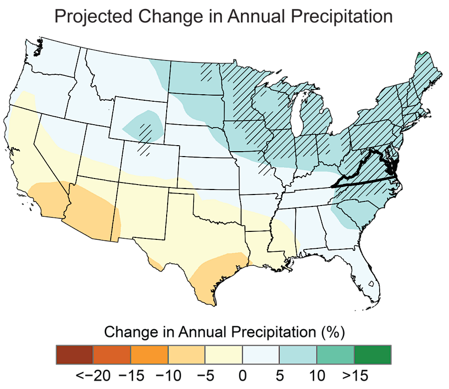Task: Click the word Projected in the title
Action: click(x=92, y=16)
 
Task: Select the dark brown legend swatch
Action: click(x=74, y=354)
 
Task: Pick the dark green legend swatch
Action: click(x=372, y=354)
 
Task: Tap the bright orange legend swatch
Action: click(x=149, y=354)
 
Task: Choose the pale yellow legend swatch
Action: click(x=224, y=354)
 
